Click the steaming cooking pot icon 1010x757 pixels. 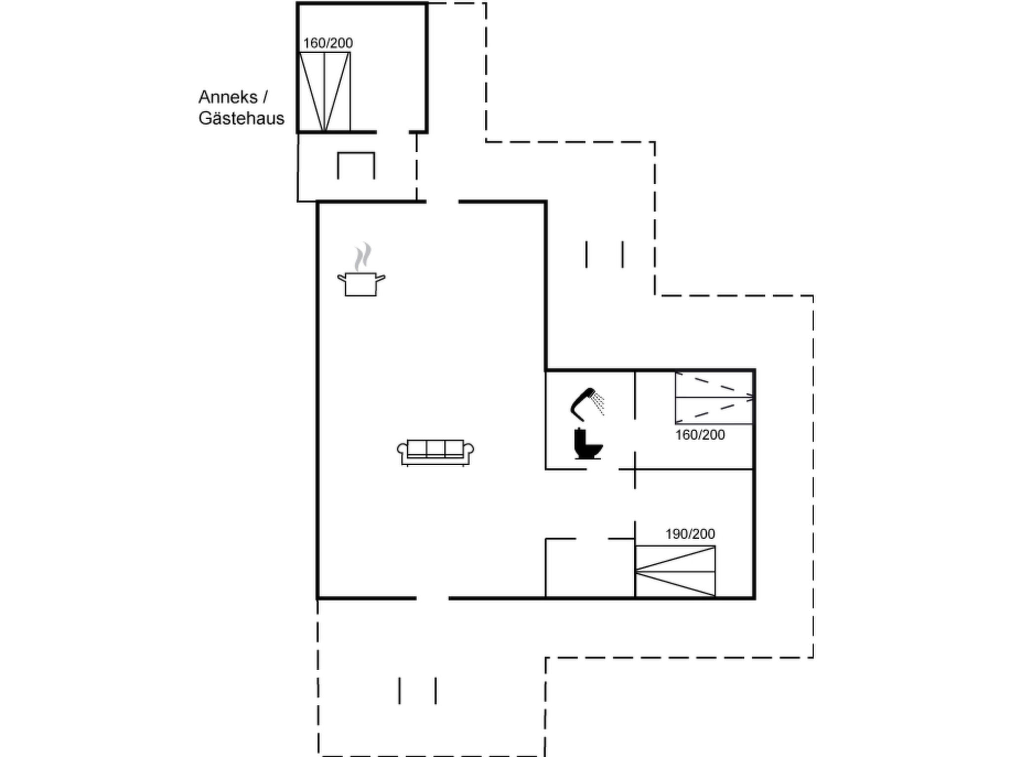(x=361, y=283)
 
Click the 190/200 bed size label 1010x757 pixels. (x=690, y=534)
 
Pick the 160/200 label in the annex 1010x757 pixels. (x=328, y=43)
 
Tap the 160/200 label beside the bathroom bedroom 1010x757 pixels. (x=700, y=435)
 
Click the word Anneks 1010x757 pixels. (x=228, y=97)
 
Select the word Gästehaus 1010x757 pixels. (x=241, y=118)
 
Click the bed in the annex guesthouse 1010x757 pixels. (x=325, y=92)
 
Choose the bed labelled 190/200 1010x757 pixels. (x=675, y=571)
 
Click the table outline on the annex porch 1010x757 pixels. (x=356, y=166)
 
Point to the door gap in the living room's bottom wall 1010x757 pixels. (x=433, y=598)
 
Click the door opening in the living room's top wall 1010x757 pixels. (x=442, y=202)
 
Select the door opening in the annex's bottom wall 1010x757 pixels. (x=393, y=132)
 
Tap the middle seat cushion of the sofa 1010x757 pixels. (x=435, y=448)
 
